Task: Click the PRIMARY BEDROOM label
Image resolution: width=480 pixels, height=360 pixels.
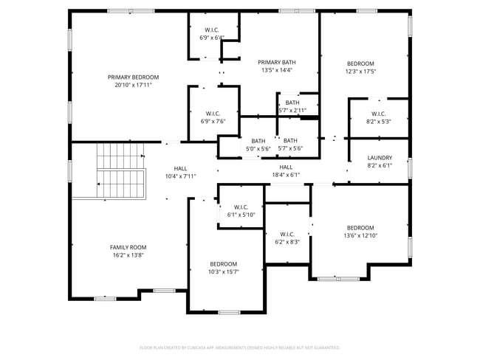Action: point(133,77)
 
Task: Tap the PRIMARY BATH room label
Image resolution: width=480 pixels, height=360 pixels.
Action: point(277,62)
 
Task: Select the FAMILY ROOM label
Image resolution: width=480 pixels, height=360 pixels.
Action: point(128,247)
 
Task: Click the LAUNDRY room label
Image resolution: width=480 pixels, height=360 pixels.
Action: point(379,158)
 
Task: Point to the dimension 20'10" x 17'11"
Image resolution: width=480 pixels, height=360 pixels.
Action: point(133,86)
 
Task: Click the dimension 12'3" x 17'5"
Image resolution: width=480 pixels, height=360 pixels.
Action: point(360,72)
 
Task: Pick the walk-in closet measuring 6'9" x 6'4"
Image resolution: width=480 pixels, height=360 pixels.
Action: point(213,33)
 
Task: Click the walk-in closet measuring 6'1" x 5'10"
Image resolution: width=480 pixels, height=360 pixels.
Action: point(240,210)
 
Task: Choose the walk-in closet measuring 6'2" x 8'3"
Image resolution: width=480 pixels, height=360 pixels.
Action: point(287,238)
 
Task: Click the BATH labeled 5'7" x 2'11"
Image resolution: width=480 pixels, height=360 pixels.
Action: point(292,106)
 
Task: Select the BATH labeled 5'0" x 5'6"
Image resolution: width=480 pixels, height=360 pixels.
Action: point(258,145)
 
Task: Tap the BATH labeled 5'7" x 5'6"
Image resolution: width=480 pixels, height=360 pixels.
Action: point(290,145)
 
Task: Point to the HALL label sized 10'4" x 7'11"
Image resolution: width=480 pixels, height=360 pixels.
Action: point(179,172)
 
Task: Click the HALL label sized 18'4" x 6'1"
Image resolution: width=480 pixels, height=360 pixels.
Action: point(286,171)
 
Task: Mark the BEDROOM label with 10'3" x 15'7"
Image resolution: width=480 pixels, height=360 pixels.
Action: point(223,268)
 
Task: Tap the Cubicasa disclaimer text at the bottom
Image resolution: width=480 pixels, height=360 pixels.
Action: point(240,347)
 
